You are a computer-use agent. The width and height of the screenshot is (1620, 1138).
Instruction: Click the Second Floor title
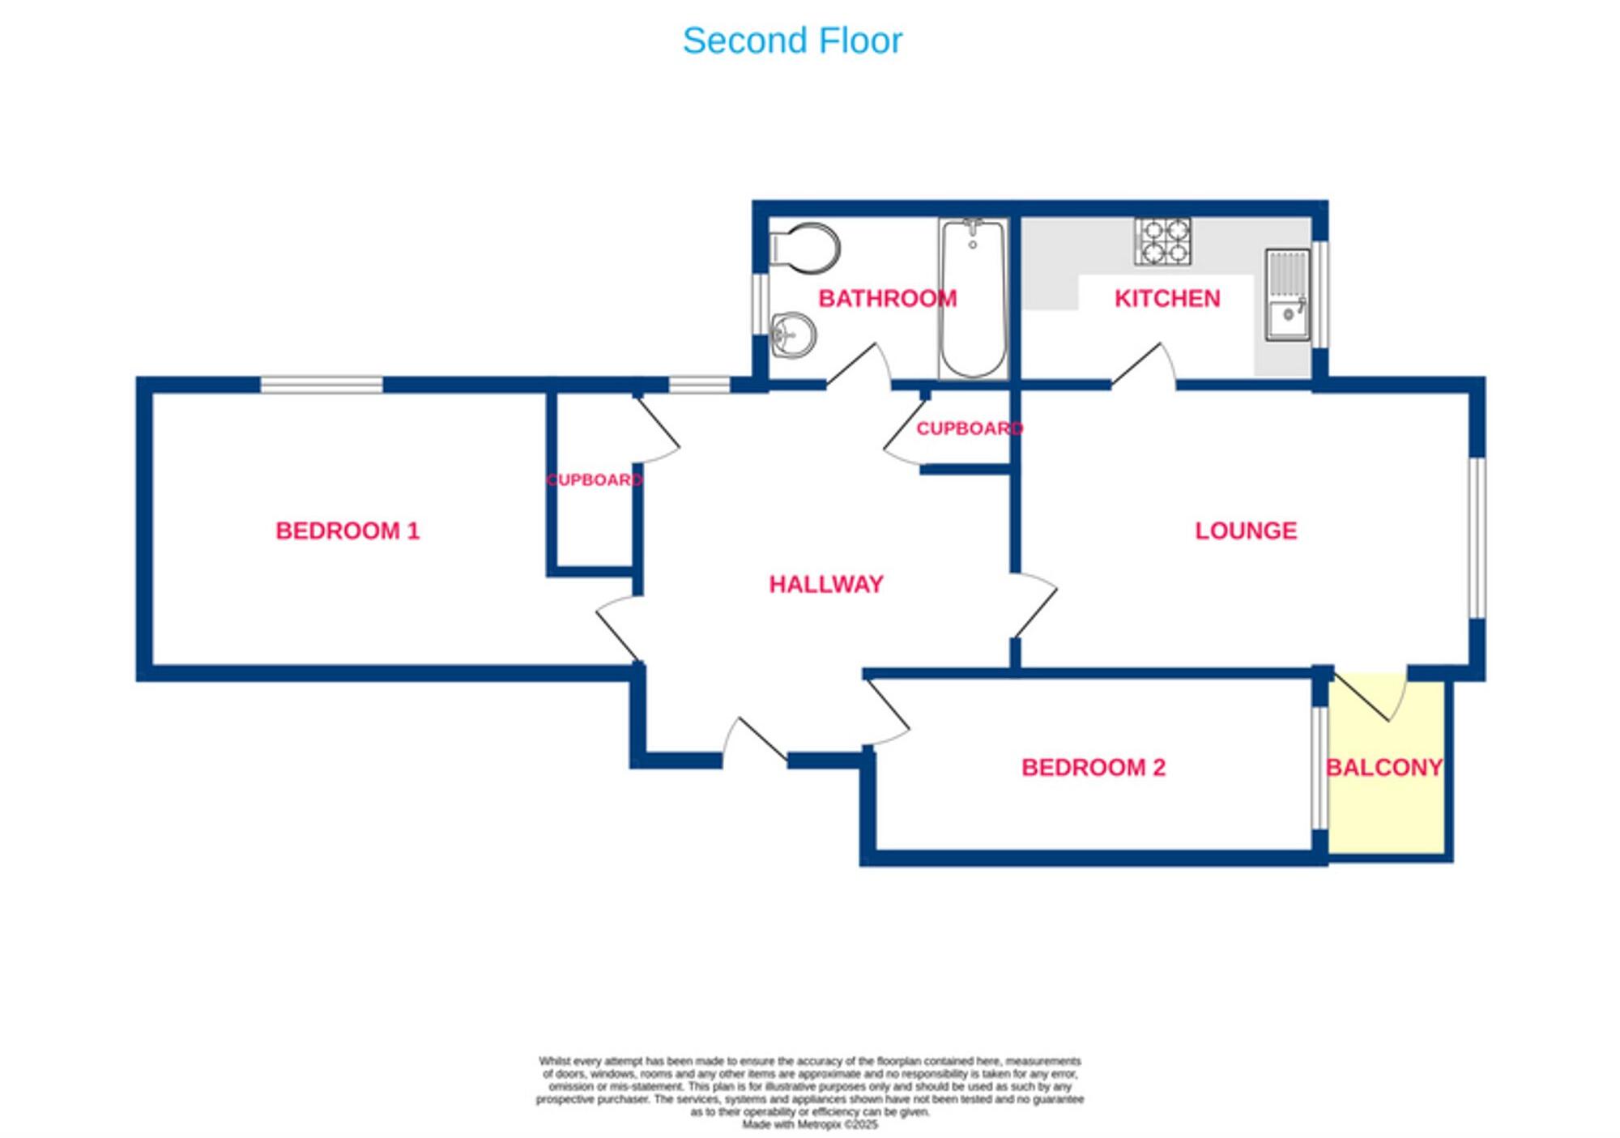pyautogui.click(x=791, y=40)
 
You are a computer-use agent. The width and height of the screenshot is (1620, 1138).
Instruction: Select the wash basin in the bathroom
pyautogui.click(x=793, y=335)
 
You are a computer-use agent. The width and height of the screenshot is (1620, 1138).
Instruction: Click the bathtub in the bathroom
pyautogui.click(x=973, y=297)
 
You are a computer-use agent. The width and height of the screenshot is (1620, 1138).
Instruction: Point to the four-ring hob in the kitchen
pyautogui.click(x=1162, y=241)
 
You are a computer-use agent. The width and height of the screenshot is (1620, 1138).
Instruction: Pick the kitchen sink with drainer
pyautogui.click(x=1287, y=295)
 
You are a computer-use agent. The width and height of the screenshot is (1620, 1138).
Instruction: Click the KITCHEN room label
pyautogui.click(x=1166, y=298)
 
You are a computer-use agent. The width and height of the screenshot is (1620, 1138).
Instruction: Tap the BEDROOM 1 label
pyautogui.click(x=347, y=531)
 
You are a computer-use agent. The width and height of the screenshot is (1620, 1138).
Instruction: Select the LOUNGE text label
pyautogui.click(x=1245, y=531)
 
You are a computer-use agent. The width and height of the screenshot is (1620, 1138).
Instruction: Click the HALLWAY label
pyautogui.click(x=825, y=584)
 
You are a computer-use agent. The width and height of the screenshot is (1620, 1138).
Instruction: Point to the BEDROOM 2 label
pyautogui.click(x=1093, y=767)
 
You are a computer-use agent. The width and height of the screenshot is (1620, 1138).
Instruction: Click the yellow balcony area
pyautogui.click(x=1387, y=802)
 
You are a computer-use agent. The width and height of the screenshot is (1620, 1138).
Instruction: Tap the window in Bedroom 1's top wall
pyautogui.click(x=321, y=384)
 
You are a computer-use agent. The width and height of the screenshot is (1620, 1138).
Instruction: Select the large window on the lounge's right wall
pyautogui.click(x=1477, y=539)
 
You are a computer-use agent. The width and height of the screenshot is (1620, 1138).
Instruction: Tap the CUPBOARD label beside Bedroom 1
pyautogui.click(x=594, y=479)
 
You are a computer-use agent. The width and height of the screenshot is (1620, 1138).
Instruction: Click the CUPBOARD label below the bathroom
pyautogui.click(x=969, y=428)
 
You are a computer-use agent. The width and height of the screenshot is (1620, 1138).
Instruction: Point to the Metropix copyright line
pyautogui.click(x=809, y=1124)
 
